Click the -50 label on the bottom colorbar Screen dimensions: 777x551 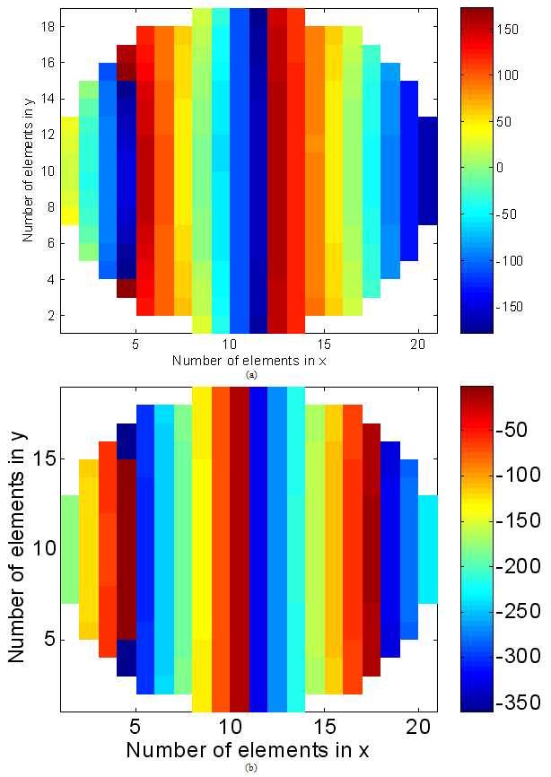514,430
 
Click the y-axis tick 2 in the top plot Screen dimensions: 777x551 51,316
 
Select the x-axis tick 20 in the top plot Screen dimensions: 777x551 418,344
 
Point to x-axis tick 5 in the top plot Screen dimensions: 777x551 136,344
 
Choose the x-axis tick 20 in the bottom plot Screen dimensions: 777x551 418,727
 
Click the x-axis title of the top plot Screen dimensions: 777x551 248,361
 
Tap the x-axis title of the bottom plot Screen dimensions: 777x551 248,748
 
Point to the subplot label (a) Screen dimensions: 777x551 250,375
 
